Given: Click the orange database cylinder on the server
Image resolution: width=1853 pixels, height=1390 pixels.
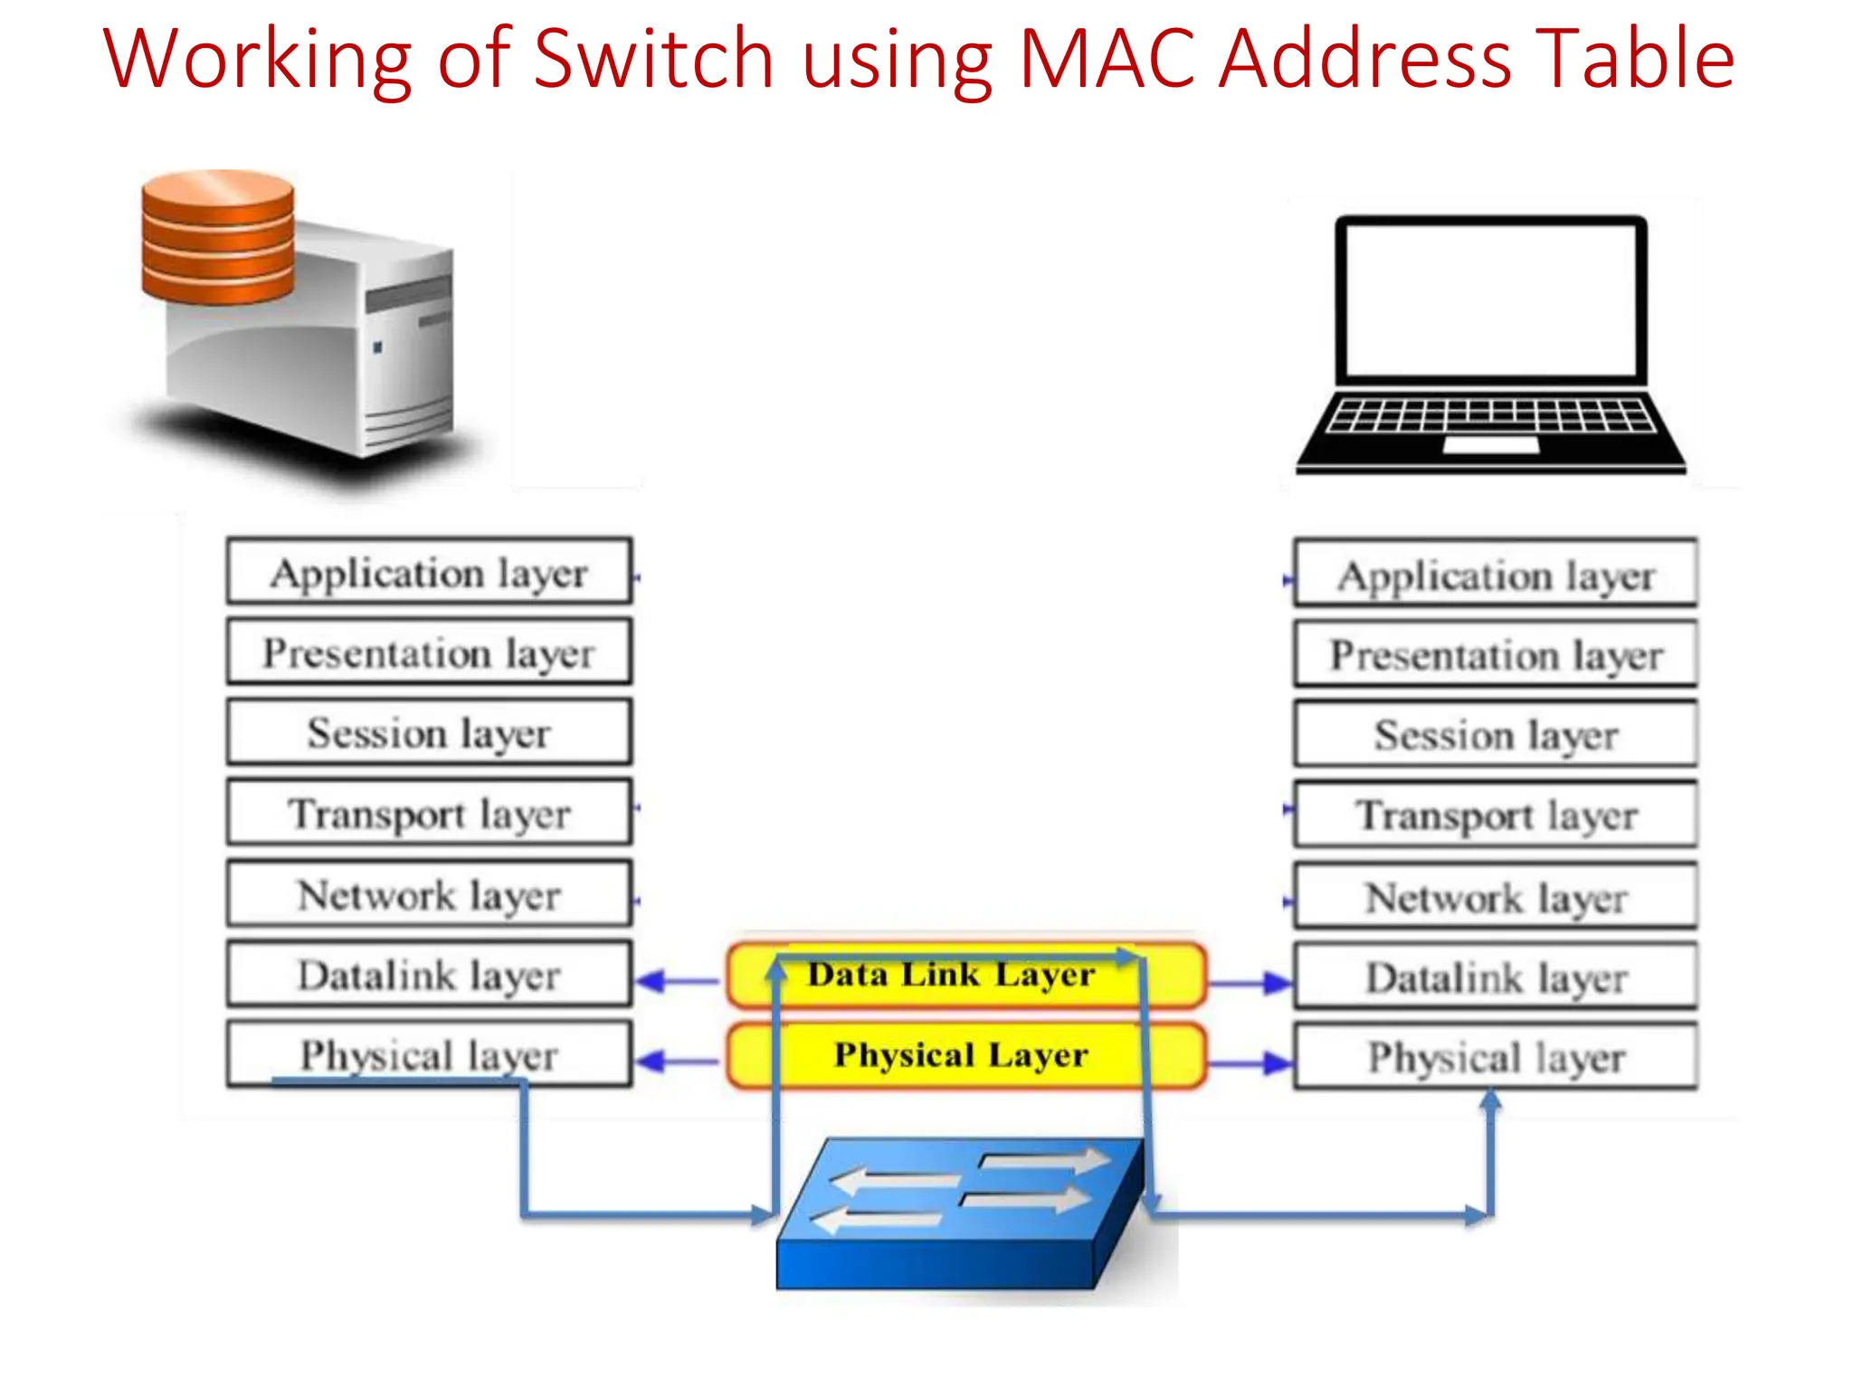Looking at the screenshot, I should pos(217,237).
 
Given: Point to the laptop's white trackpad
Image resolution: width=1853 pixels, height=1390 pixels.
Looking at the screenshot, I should pos(1490,445).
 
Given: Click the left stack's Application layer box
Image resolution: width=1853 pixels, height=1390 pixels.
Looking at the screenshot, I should pos(429,572).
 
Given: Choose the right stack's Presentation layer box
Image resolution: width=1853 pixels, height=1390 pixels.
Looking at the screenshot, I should pos(1495,655).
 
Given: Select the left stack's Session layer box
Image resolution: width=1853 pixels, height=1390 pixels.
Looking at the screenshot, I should pos(429,732).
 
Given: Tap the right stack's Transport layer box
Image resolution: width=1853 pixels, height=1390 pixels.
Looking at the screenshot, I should pos(1495,814).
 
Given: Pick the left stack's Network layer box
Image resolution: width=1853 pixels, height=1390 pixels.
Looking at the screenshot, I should pos(429,894).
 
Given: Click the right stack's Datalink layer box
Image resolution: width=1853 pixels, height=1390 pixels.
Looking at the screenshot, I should pos(1495,977).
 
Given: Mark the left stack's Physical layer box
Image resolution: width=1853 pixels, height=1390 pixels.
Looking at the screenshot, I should pos(429,1055).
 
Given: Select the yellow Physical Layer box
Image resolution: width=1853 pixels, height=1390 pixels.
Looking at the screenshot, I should pos(965,1055).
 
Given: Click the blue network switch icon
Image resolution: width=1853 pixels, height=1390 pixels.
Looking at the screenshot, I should pos(959,1213).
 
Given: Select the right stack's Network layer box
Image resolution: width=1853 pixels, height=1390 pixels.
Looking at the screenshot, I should pos(1495,898).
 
